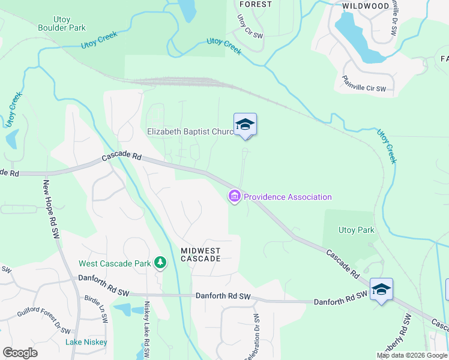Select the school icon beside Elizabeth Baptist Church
pos(245,125)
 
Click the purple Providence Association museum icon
pos(234,196)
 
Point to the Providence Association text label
pos(288,197)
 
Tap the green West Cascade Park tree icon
pos(160,263)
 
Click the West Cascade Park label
pos(115,263)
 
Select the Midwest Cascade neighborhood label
pos(201,254)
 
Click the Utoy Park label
pos(357,230)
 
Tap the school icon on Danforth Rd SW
pos(381,290)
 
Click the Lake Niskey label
pos(86,342)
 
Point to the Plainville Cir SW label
pos(367,83)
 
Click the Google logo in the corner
pos(20,352)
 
